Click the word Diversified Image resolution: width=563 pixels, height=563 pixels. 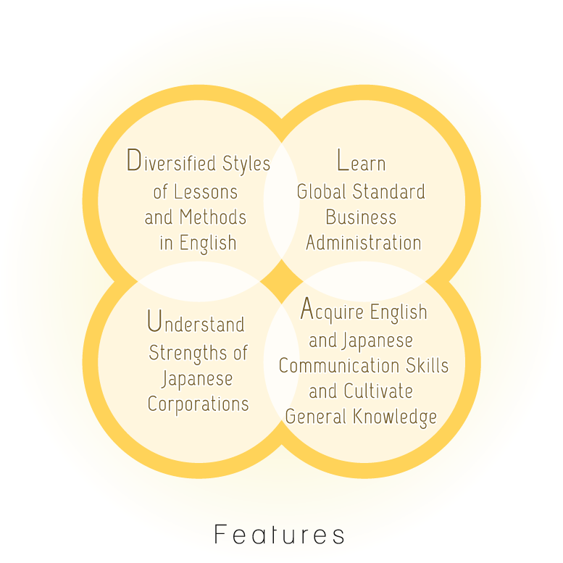[x=171, y=161]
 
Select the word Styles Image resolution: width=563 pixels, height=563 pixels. [x=246, y=164]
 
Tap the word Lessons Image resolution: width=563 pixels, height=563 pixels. [x=206, y=192]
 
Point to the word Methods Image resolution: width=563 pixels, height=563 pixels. [x=213, y=217]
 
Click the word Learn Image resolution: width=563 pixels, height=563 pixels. [x=362, y=161]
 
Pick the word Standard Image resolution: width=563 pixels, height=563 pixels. [x=389, y=191]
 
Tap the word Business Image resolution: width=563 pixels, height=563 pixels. [x=362, y=217]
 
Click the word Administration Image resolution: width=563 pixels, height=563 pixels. [x=364, y=243]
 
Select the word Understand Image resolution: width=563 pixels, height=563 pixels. [x=196, y=322]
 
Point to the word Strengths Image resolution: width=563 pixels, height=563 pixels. [x=188, y=354]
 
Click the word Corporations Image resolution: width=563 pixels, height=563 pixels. [x=199, y=404]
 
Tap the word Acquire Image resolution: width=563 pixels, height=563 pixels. [x=332, y=309]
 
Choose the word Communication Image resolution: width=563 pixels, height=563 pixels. [x=339, y=365]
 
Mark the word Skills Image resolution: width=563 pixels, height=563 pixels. [x=428, y=365]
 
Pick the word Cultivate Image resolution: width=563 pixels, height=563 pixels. [x=378, y=391]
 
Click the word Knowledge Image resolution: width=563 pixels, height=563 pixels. [x=395, y=417]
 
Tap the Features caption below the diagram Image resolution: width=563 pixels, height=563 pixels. [x=280, y=534]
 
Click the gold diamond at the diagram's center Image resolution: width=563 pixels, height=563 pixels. [x=281, y=281]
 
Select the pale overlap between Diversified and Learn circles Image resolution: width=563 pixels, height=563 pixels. [x=281, y=201]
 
